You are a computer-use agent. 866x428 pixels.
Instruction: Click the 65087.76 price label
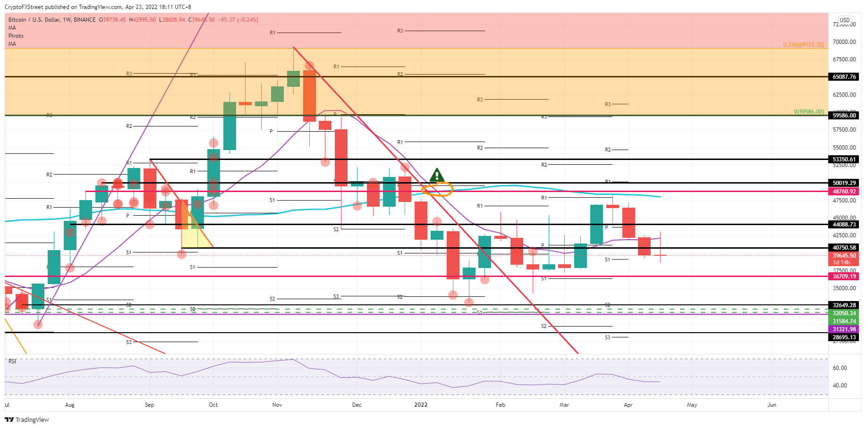[x=844, y=77]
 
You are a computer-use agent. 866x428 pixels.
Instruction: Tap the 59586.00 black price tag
[x=844, y=116]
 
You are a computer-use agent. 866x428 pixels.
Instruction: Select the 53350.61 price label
[x=844, y=159]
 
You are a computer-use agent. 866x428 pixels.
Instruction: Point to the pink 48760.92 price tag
[x=844, y=192]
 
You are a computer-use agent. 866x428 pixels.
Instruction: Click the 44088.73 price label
[x=844, y=225]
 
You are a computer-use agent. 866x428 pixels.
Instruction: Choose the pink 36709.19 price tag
[x=844, y=277]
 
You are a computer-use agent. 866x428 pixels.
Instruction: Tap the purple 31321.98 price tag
[x=844, y=329]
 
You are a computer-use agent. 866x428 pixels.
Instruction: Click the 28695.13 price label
[x=844, y=337]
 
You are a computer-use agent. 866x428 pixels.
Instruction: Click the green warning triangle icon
[x=437, y=176]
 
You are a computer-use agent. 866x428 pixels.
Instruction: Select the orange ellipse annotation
[x=437, y=190]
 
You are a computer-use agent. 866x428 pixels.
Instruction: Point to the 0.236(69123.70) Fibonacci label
[x=803, y=45]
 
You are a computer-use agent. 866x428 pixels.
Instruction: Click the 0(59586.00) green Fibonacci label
[x=808, y=112]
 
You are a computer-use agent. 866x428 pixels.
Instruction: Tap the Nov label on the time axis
[x=277, y=405]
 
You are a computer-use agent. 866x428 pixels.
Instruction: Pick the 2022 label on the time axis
[x=421, y=405]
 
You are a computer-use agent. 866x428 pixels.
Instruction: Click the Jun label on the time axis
[x=772, y=405]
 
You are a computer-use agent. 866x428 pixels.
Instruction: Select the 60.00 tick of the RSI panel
[x=840, y=368]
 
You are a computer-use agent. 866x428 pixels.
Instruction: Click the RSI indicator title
[x=12, y=361]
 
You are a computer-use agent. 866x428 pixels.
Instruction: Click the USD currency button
[x=844, y=20]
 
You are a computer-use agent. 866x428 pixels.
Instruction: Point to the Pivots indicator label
[x=16, y=36]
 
